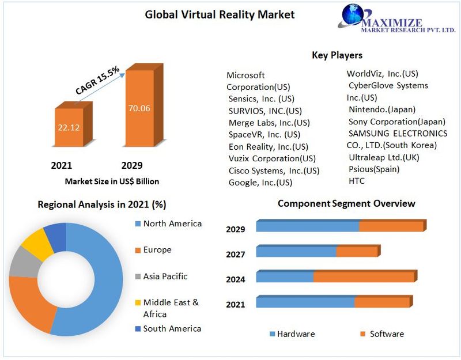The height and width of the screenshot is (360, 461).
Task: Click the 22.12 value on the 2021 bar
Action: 68,127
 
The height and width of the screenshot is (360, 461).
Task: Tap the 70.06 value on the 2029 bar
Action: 139,108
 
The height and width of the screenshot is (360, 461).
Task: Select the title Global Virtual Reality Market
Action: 220,14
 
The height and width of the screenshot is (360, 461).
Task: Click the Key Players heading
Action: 337,55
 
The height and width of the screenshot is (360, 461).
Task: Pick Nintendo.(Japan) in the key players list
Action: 381,109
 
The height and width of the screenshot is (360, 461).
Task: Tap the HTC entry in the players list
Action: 356,181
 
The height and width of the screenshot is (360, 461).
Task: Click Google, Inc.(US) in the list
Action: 260,183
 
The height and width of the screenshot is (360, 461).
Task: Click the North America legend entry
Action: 172,223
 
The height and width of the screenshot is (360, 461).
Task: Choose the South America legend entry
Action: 172,328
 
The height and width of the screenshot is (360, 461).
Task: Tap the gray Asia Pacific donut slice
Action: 22,262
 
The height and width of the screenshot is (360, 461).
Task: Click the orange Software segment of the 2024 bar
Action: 363,277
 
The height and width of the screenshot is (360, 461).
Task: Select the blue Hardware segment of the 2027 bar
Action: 296,252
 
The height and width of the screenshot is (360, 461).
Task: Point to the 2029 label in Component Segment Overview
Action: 235,229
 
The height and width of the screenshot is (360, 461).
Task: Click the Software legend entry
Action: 386,334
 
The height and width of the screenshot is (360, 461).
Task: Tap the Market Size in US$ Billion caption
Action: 112,181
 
